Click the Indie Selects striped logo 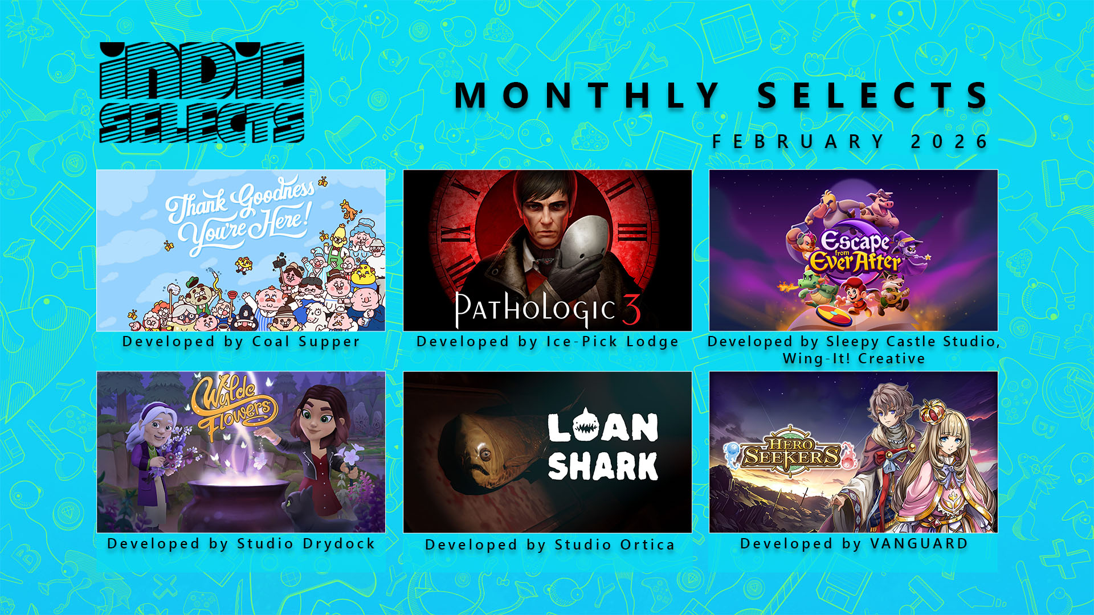pos(202,92)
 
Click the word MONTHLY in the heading pos(587,95)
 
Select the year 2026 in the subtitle pos(949,141)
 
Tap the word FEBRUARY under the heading pos(798,141)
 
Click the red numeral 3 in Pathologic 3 pos(631,309)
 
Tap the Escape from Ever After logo pos(855,253)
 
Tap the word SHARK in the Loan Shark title pos(603,466)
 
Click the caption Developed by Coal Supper pos(241,342)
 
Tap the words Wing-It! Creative pos(854,359)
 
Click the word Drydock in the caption pos(339,544)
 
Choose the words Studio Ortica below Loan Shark pos(615,545)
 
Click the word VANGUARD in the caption pos(919,544)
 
